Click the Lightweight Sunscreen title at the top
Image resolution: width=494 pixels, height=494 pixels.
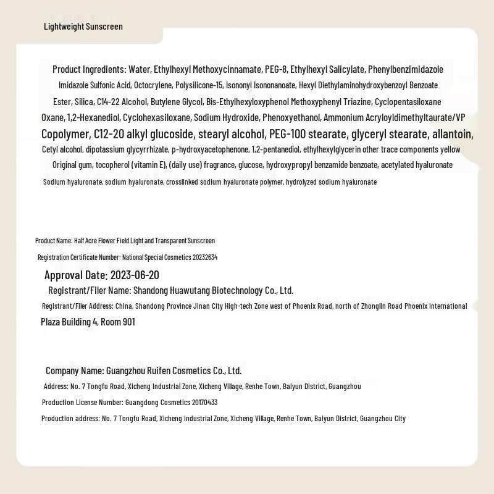click(x=83, y=27)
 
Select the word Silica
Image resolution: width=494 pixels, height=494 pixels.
click(x=83, y=101)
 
